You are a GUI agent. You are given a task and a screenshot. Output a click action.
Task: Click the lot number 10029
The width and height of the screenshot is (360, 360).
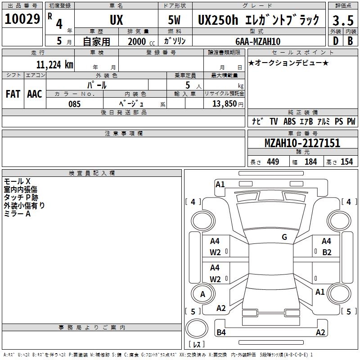point(22,19)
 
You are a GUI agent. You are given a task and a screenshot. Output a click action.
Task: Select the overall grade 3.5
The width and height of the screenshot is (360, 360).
point(343,20)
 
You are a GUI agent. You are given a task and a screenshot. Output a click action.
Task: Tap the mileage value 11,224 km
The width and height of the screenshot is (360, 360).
point(54,64)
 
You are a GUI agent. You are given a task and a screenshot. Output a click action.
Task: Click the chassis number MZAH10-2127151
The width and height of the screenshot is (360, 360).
point(302,143)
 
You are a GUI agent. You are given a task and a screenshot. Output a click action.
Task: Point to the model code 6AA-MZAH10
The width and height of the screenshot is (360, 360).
point(258,41)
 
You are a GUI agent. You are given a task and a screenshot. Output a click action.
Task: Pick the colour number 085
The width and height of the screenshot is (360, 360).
point(74,104)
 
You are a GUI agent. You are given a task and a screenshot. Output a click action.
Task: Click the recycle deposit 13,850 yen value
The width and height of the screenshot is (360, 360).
point(228,104)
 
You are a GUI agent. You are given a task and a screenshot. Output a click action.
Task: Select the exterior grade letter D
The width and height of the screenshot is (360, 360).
point(335,41)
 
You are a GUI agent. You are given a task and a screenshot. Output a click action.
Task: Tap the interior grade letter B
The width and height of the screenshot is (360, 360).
point(350,41)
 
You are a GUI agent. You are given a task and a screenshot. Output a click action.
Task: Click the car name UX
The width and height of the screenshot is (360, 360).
point(117,20)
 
